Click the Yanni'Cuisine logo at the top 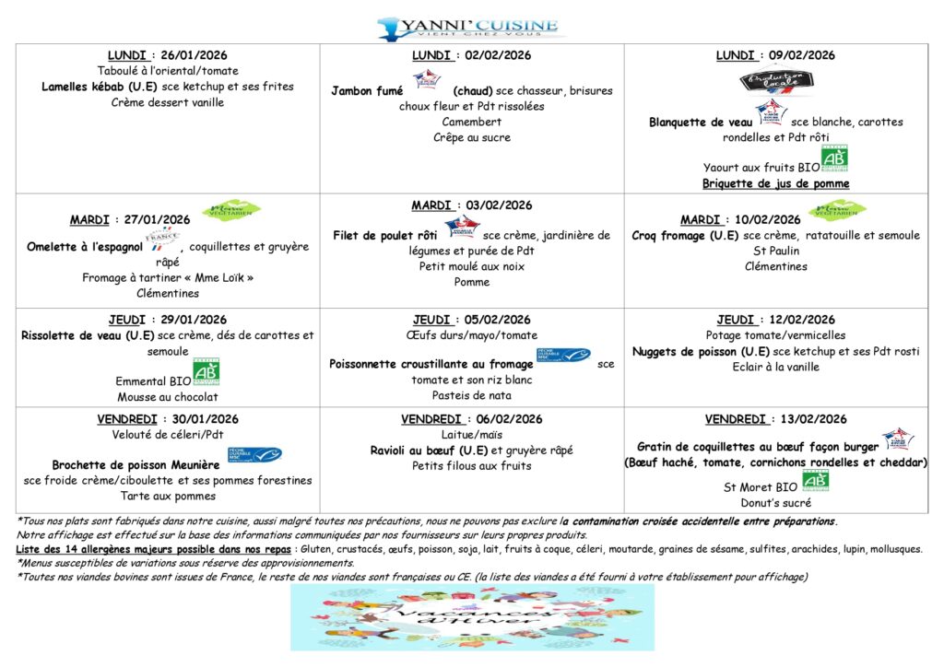click(467, 27)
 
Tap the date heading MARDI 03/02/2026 click(471, 205)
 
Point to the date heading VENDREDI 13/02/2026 click(775, 419)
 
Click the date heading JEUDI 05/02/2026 click(471, 320)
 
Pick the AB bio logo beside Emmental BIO click(206, 373)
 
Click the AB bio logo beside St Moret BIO click(815, 481)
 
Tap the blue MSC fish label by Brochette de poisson click(254, 455)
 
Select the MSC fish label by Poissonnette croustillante click(562, 356)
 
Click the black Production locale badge click(776, 82)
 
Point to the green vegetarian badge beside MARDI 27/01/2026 click(231, 210)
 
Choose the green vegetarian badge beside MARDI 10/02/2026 click(838, 210)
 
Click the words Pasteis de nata click(471, 395)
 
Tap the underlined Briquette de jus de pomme click(775, 183)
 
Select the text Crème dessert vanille click(168, 102)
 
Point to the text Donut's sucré click(775, 503)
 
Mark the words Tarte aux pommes click(168, 496)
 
